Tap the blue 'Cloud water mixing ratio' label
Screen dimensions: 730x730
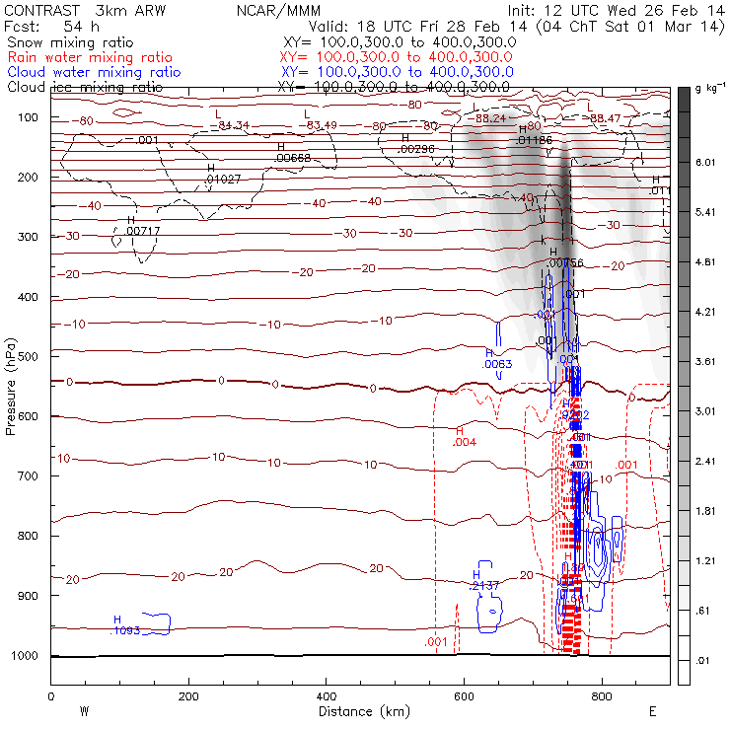click(94, 72)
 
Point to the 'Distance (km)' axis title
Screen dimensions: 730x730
click(358, 710)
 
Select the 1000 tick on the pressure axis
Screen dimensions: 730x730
click(26, 655)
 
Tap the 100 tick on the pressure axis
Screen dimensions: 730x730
click(30, 117)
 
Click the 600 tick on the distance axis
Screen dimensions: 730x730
click(464, 696)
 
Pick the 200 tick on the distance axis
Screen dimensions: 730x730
click(188, 696)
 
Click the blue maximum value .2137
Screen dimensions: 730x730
click(485, 586)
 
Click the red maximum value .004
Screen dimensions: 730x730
click(465, 442)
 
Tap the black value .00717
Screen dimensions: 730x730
click(143, 230)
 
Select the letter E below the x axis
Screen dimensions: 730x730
click(652, 710)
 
